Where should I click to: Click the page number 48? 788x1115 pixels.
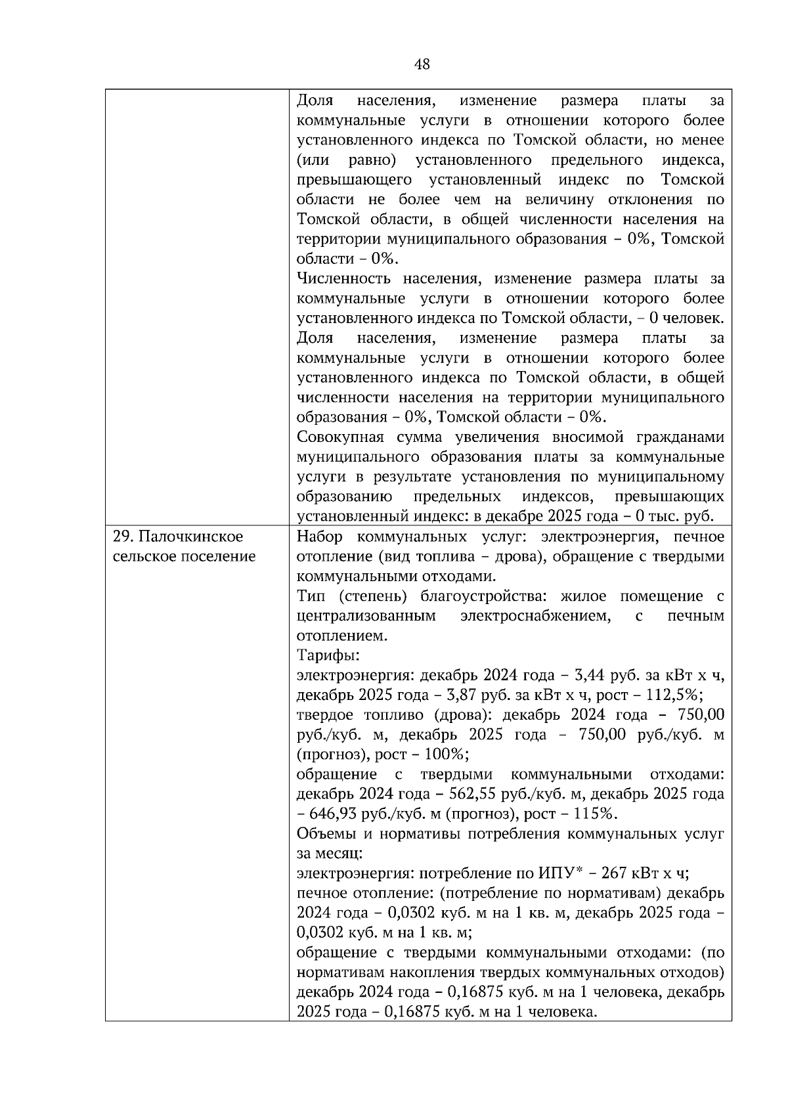(x=422, y=64)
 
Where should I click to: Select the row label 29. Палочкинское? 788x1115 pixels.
(x=178, y=536)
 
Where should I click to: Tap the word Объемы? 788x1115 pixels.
(x=324, y=833)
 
